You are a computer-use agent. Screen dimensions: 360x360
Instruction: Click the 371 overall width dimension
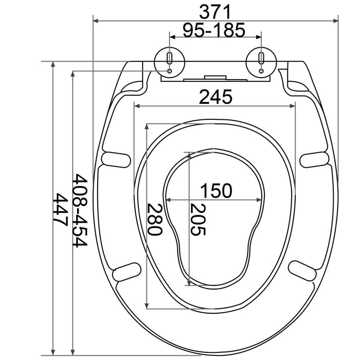coord(215,12)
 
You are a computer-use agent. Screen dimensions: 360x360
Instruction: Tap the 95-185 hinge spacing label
coord(214,30)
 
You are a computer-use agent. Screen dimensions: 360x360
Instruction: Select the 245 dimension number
coord(215,97)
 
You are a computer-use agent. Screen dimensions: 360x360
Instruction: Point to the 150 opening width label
coord(217,191)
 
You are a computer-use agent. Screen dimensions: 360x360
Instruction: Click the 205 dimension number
coord(197,220)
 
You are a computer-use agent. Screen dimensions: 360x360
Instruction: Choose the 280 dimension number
coord(154,219)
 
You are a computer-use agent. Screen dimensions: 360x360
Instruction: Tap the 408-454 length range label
coord(79,210)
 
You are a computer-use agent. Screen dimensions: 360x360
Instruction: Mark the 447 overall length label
coord(60,210)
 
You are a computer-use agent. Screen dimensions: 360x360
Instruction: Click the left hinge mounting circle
coord(169,62)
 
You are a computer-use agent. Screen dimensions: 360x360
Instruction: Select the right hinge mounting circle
coord(261,62)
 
